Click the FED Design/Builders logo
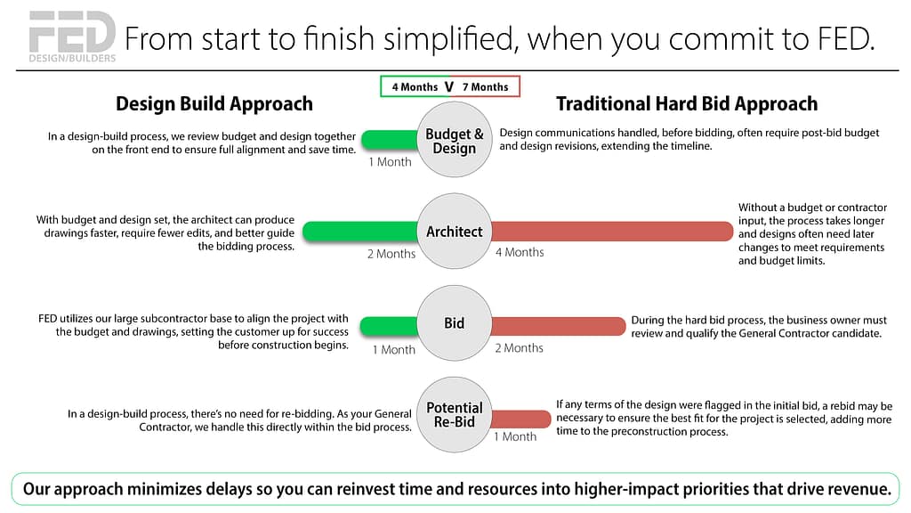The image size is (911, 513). (72, 37)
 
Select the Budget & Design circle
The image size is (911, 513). (455, 140)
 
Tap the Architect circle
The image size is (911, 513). (455, 231)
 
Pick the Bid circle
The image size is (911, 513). (455, 322)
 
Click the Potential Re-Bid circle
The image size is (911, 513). (455, 415)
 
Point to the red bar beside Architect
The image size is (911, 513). (612, 232)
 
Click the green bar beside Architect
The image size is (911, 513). (360, 232)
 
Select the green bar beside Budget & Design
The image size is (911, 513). (390, 140)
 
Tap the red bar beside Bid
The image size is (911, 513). (559, 326)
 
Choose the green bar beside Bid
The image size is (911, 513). (389, 326)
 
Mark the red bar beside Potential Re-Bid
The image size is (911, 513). (521, 419)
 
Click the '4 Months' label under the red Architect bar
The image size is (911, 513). (520, 252)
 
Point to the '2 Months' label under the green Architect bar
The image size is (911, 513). (391, 254)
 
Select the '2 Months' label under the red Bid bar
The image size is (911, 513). (519, 348)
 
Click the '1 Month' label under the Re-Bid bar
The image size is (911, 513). (515, 436)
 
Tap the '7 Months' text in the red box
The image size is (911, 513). (485, 87)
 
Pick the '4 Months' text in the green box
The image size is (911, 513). (415, 87)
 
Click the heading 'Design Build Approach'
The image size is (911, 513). (214, 103)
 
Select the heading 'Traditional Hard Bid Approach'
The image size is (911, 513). (687, 103)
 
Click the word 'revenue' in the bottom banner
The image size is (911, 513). (857, 489)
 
